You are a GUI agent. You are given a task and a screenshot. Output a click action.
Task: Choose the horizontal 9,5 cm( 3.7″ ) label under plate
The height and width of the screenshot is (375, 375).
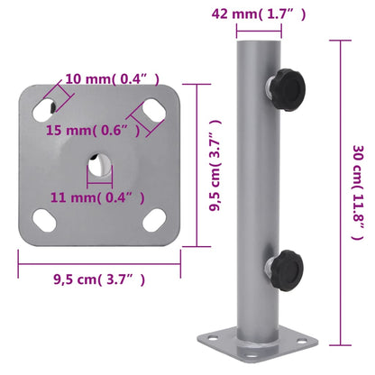[100, 279]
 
